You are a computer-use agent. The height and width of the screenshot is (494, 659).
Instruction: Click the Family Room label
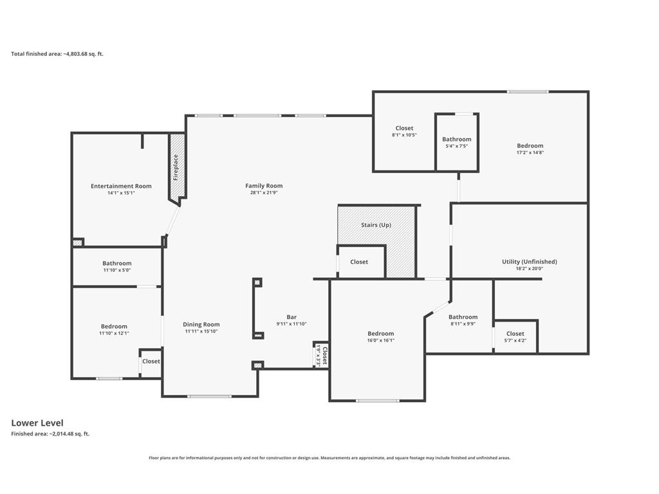(x=264, y=186)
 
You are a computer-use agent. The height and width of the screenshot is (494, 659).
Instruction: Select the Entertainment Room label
(x=121, y=186)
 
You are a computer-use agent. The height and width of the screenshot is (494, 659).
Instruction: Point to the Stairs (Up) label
(x=376, y=225)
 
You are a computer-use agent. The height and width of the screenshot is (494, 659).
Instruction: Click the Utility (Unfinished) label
(x=530, y=262)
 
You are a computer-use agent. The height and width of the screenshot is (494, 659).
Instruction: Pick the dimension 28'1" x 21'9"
(x=264, y=193)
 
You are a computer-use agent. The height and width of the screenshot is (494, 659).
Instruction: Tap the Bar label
(x=292, y=317)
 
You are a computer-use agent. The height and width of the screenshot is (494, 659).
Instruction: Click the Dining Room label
(x=201, y=324)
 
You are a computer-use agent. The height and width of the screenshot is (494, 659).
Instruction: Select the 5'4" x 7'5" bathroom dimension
(x=457, y=146)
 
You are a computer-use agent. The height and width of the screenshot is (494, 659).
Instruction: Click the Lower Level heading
(x=37, y=423)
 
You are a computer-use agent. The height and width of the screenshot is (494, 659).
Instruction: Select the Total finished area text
(x=57, y=54)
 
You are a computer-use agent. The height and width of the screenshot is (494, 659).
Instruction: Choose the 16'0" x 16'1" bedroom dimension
(x=381, y=341)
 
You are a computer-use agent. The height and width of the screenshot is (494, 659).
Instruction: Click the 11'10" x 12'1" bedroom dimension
(x=114, y=333)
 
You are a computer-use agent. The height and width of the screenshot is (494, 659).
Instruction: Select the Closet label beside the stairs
(x=359, y=262)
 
